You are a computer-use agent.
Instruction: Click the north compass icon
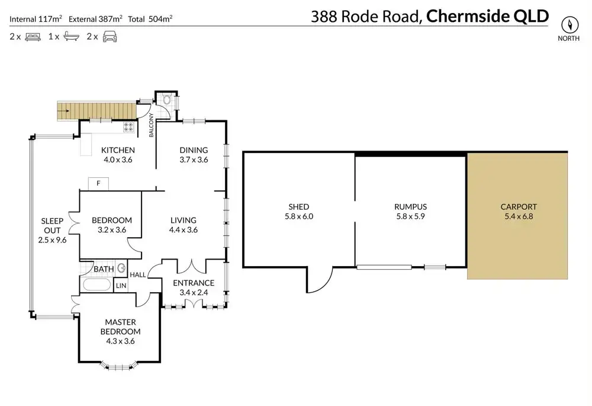click(570, 25)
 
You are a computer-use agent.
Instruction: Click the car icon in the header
click(110, 37)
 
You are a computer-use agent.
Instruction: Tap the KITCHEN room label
click(118, 150)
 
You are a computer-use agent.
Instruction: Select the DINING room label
click(194, 150)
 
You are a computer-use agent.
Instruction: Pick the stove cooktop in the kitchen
click(128, 126)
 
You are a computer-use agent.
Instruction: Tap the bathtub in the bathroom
click(96, 285)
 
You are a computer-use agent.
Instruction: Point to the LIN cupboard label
click(121, 286)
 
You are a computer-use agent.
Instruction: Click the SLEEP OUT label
click(52, 220)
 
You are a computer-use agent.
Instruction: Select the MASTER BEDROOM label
click(123, 327)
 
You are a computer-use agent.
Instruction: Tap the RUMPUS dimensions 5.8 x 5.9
click(410, 216)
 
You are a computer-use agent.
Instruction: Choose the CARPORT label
click(519, 207)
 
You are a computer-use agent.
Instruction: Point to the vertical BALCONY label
click(152, 125)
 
